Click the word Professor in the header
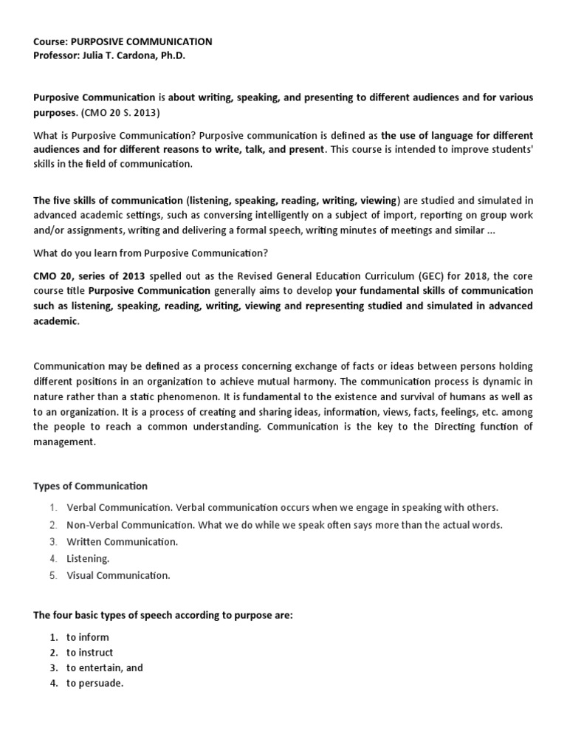point(55,55)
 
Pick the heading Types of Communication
point(90,486)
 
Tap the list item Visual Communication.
point(118,575)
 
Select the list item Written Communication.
point(122,542)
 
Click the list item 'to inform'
point(87,637)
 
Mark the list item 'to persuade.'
point(94,683)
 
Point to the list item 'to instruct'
point(89,653)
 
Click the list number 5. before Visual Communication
point(53,575)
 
